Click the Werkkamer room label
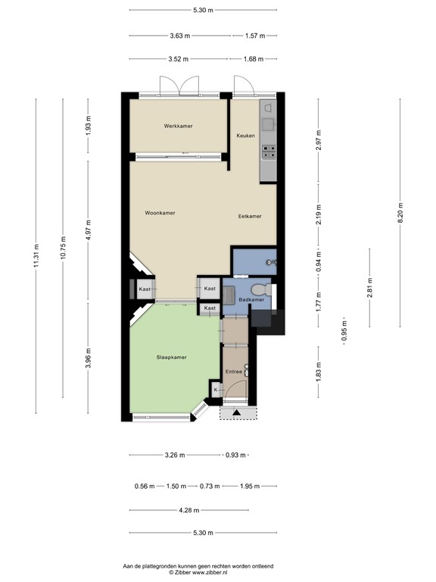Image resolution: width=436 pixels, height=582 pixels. click(x=178, y=126)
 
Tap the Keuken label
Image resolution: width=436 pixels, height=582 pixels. click(x=245, y=136)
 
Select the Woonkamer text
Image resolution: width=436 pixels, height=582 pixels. click(x=160, y=213)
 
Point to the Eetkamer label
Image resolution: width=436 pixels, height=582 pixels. click(x=249, y=216)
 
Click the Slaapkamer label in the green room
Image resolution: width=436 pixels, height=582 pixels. click(x=171, y=357)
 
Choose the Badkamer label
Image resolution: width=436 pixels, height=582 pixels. click(x=251, y=300)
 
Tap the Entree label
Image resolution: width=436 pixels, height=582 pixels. click(x=234, y=371)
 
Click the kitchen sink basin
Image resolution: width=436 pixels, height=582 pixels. click(x=267, y=124)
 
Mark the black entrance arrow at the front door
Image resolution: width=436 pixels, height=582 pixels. click(x=236, y=413)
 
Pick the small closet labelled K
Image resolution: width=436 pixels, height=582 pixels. click(x=216, y=390)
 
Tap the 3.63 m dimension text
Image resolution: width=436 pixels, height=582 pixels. click(x=180, y=36)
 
